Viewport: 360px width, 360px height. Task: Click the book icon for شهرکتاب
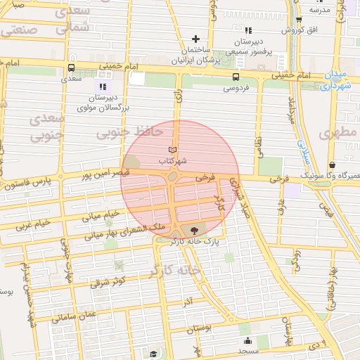(x=172, y=150)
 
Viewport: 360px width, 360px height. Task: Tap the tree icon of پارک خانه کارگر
(x=194, y=230)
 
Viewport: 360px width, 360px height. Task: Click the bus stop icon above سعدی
(x=70, y=69)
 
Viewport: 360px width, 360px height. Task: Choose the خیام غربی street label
(x=33, y=225)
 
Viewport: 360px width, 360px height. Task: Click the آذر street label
(x=188, y=303)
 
